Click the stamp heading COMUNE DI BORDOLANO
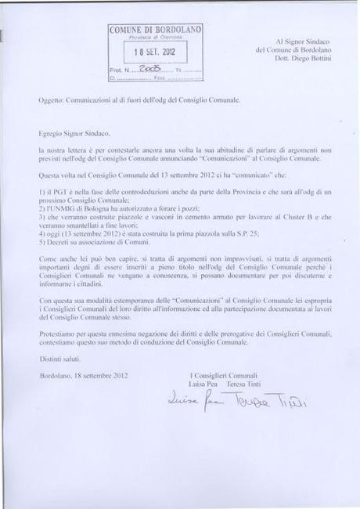click(x=155, y=30)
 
